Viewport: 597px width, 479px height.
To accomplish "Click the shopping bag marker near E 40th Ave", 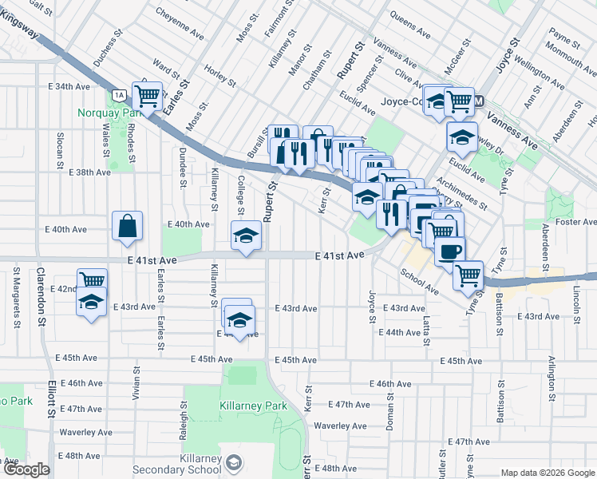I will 128,226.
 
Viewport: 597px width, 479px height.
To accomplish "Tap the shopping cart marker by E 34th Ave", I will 148,97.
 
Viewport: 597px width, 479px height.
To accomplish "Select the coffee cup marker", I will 449,251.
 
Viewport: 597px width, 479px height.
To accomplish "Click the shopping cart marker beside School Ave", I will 469,275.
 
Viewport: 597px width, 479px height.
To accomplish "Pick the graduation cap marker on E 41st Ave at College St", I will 246,236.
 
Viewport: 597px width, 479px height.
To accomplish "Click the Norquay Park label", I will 109,113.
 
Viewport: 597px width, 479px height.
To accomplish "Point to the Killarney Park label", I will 253,406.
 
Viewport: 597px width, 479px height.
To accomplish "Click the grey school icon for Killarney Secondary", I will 233,462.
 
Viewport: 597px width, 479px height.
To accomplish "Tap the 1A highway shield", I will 120,95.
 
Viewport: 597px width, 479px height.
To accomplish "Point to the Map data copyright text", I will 547,473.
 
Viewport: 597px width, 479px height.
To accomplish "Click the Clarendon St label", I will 40,295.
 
